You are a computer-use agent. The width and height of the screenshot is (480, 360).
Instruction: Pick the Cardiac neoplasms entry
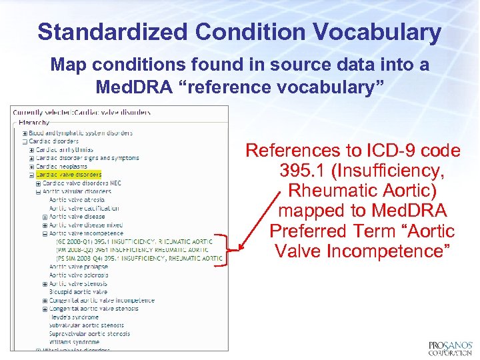point(62,166)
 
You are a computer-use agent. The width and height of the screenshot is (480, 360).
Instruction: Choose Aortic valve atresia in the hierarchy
point(77,199)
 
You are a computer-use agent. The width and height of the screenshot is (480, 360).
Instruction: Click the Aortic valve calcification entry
point(83,208)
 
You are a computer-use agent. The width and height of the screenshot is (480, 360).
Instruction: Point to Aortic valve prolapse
point(79,266)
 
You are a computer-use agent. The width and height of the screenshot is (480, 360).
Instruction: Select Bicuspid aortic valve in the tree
point(78,291)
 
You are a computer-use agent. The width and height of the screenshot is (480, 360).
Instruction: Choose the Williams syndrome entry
point(74,342)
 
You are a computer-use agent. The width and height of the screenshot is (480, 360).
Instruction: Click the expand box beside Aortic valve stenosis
point(45,283)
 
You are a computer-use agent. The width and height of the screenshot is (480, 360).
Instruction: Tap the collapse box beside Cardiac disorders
point(25,141)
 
